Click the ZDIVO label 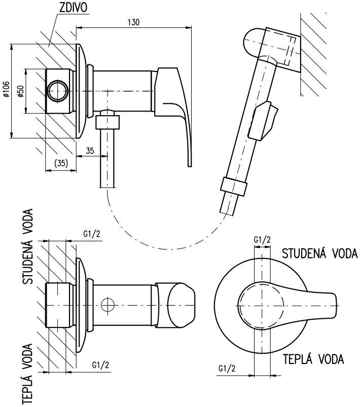[74, 8]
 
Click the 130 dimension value [134, 22]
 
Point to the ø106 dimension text [6, 89]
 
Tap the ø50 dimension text [21, 91]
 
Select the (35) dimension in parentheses [61, 163]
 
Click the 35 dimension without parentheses [90, 151]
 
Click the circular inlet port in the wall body [58, 91]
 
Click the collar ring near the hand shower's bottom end [233, 186]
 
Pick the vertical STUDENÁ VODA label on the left [28, 246]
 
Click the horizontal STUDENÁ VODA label [320, 253]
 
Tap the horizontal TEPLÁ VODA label [313, 359]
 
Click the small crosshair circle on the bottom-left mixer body [108, 305]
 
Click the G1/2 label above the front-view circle [262, 240]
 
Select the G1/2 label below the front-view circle [227, 368]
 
